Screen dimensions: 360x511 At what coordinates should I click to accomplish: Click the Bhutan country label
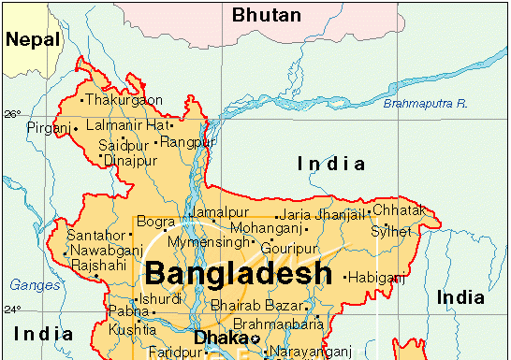267,15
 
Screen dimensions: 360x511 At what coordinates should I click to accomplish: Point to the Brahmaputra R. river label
425,103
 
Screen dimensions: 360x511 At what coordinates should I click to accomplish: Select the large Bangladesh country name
239,274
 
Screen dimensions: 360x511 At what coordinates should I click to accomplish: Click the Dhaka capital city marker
255,338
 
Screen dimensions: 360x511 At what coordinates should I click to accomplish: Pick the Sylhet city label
390,230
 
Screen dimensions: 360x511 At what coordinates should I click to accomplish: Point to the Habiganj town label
378,277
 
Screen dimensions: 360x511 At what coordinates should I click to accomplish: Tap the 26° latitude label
11,114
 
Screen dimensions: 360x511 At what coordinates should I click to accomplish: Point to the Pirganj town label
49,127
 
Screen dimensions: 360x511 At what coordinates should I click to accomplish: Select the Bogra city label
153,222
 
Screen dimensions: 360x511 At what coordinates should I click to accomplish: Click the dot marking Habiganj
346,277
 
